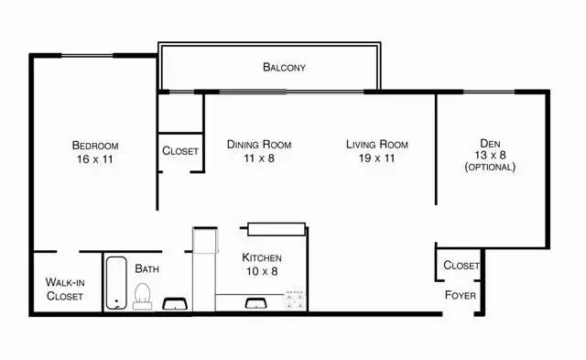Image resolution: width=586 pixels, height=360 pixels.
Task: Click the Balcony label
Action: pyautogui.click(x=284, y=67)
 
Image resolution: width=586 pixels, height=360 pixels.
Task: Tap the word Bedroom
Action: pyautogui.click(x=95, y=146)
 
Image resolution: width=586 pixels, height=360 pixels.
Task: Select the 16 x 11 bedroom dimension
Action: pyautogui.click(x=95, y=159)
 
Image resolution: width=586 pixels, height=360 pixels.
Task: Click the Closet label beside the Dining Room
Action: pyautogui.click(x=179, y=151)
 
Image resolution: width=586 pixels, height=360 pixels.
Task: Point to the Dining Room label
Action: pyautogui.click(x=259, y=144)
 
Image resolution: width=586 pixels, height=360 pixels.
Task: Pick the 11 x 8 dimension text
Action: pyautogui.click(x=259, y=158)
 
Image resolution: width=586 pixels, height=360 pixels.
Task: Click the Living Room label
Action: pyautogui.click(x=377, y=144)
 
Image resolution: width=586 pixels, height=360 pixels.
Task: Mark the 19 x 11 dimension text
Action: pyautogui.click(x=377, y=158)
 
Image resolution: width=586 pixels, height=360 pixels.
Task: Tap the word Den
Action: pyautogui.click(x=490, y=142)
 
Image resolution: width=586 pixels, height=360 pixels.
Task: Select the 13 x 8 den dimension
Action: pyautogui.click(x=490, y=155)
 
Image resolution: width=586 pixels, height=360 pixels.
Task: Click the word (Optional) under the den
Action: pyautogui.click(x=490, y=168)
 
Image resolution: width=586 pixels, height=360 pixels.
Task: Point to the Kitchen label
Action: pyautogui.click(x=262, y=258)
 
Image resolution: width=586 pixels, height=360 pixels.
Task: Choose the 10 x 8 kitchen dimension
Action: pyautogui.click(x=262, y=272)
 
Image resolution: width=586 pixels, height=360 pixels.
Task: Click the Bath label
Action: pyautogui.click(x=147, y=268)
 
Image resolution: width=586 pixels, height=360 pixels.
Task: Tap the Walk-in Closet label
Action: pyautogui.click(x=64, y=289)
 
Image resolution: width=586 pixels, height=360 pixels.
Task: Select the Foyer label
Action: pyautogui.click(x=459, y=295)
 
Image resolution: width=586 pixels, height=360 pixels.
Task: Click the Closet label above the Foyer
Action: pyautogui.click(x=461, y=266)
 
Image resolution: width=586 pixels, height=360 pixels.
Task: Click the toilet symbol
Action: pyautogui.click(x=142, y=295)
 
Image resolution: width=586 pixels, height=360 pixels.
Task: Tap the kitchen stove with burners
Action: pyautogui.click(x=295, y=299)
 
